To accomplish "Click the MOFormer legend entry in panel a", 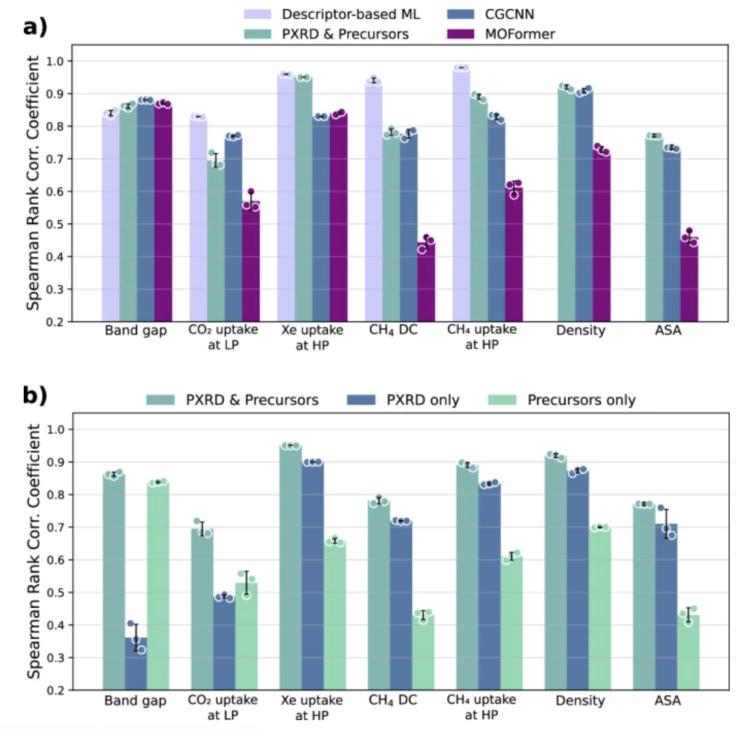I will pos(510,34).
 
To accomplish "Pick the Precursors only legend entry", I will pos(580,400).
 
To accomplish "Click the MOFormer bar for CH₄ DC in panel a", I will pos(426,281).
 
